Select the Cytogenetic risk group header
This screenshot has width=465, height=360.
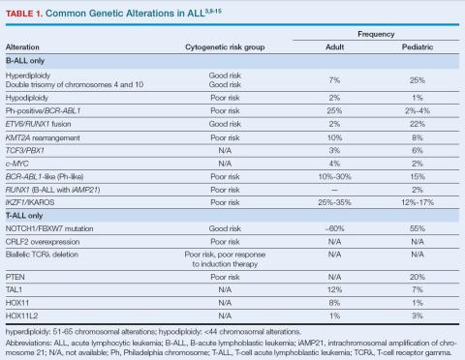224,46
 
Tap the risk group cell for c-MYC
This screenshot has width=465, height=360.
224,165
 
